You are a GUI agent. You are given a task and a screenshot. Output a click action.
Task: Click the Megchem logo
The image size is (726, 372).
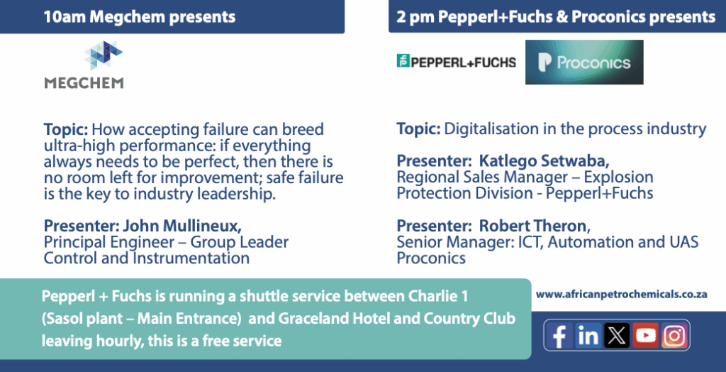(x=84, y=65)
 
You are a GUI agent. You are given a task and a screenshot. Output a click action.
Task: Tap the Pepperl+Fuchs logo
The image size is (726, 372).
(x=456, y=62)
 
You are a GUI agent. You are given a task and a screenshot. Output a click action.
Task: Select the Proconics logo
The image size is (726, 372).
(x=584, y=62)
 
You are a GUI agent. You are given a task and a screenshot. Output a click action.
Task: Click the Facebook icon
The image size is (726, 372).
(x=559, y=335)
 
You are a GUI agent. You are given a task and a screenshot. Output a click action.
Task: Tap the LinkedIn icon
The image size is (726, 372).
(x=588, y=335)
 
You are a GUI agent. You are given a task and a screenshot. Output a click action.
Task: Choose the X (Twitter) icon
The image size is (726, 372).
(x=617, y=335)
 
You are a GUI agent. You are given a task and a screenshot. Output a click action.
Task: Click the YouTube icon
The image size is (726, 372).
(x=645, y=335)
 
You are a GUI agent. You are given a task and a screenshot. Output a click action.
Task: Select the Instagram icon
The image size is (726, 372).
(x=674, y=335)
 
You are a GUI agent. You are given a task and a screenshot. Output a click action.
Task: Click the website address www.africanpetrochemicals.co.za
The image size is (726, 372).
(x=621, y=294)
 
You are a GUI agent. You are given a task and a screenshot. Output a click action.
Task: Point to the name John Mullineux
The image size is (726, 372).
(x=182, y=226)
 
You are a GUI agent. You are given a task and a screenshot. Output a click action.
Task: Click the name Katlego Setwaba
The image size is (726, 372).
(x=544, y=161)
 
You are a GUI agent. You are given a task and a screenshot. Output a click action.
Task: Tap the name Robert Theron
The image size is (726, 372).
(x=532, y=226)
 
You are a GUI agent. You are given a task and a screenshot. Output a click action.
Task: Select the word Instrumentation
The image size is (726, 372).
(x=191, y=258)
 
